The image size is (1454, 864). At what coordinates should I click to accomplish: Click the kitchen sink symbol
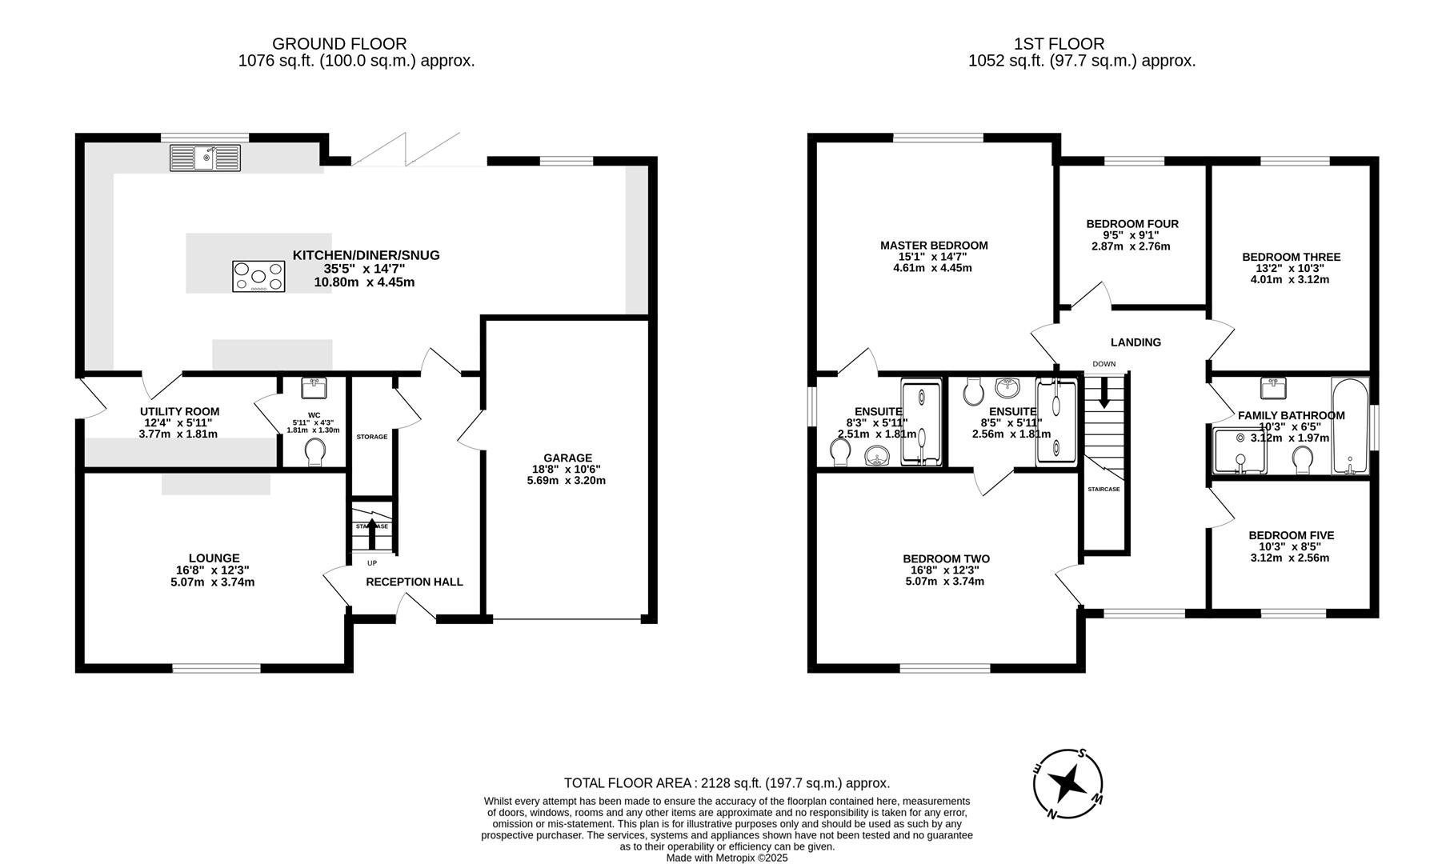pyautogui.click(x=205, y=157)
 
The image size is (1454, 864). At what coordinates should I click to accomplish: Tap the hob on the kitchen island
pyautogui.click(x=258, y=276)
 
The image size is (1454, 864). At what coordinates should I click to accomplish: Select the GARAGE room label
pyautogui.click(x=567, y=458)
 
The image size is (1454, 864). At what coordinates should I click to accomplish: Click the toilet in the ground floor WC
pyautogui.click(x=316, y=452)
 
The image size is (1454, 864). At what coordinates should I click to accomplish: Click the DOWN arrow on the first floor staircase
pyautogui.click(x=1104, y=391)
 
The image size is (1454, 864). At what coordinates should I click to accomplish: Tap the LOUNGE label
pyautogui.click(x=214, y=558)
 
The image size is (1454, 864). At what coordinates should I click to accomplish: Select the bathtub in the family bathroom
pyautogui.click(x=1350, y=426)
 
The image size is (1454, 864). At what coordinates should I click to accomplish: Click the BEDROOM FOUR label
pyautogui.click(x=1132, y=224)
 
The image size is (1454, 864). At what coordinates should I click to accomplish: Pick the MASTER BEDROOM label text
pyautogui.click(x=933, y=246)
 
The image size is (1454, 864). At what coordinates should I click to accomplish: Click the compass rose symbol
pyautogui.click(x=1067, y=785)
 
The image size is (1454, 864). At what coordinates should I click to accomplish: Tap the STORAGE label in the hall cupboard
pyautogui.click(x=371, y=437)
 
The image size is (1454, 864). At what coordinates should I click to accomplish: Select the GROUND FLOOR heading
pyautogui.click(x=339, y=44)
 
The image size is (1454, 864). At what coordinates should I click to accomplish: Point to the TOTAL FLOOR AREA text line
pyautogui.click(x=727, y=783)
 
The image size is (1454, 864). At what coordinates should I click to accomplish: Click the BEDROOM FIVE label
pyautogui.click(x=1291, y=535)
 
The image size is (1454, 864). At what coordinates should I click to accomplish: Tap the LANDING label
pyautogui.click(x=1136, y=342)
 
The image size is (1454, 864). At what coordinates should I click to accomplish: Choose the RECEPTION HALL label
pyautogui.click(x=414, y=582)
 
